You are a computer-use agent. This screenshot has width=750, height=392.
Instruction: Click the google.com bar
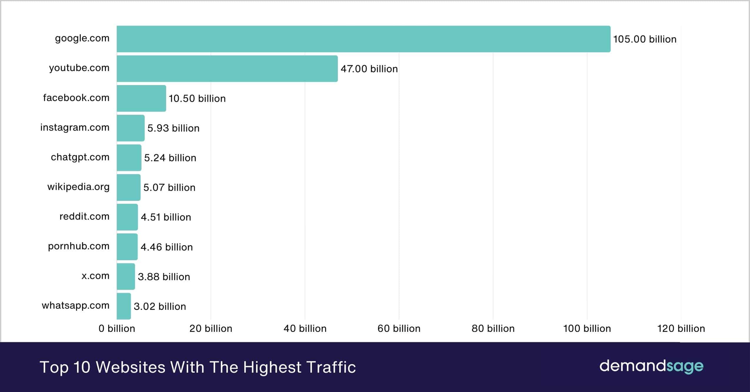click(363, 39)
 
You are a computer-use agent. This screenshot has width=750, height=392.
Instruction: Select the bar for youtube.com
click(227, 68)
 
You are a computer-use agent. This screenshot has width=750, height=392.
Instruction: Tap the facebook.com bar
click(141, 98)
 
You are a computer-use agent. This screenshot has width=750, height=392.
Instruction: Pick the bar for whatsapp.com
click(124, 306)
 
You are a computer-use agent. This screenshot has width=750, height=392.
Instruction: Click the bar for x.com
click(126, 276)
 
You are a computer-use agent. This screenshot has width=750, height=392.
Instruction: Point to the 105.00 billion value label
click(644, 39)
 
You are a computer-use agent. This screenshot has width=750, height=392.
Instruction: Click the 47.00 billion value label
click(369, 69)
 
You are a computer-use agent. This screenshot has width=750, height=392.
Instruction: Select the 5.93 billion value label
click(173, 128)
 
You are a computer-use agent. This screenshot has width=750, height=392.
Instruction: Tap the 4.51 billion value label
click(166, 217)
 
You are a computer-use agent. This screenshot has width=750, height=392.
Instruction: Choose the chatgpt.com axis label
click(80, 157)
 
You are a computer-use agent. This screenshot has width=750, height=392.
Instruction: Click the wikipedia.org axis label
click(78, 187)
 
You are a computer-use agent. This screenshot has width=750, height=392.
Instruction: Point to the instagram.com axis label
click(75, 128)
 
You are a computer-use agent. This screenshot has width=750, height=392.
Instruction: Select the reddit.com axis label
click(84, 217)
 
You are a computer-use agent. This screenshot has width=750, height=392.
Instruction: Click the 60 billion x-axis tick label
click(399, 328)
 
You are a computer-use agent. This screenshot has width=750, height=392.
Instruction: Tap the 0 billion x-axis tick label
click(117, 328)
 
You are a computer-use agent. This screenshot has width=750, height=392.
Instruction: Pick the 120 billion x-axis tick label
click(681, 328)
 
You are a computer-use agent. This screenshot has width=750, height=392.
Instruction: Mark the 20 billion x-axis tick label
click(211, 328)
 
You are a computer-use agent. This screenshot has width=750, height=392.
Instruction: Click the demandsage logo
click(651, 366)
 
